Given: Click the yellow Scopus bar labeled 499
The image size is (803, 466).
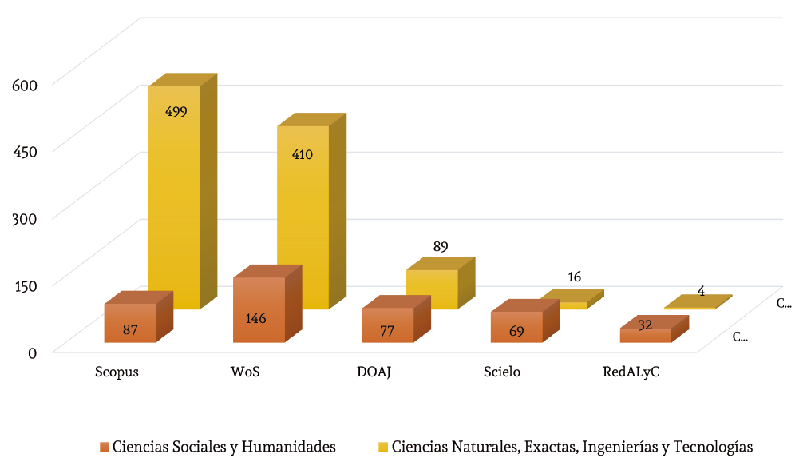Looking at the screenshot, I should coord(174,200).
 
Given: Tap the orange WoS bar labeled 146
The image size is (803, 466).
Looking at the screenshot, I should coord(259,311).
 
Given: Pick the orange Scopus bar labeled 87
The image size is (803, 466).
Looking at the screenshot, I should coord(130,324).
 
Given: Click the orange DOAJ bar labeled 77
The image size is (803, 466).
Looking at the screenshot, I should coord(387,326).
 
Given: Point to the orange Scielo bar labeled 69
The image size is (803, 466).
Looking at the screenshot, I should coord(516,328).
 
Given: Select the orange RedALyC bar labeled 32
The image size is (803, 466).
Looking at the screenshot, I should coord(645,336).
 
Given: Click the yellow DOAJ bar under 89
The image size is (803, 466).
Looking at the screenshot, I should coord(432,289).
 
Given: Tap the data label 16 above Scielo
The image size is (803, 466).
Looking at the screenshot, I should coord(574,277).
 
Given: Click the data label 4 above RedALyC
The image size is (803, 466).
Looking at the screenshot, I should coord(701,291).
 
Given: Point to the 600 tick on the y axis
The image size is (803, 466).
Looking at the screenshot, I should coord(22,82).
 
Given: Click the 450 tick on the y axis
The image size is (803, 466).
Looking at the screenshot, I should coord(22,149).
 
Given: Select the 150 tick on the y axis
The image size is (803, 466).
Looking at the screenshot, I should coord(22,284).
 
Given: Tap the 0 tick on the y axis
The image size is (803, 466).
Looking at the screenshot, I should coord(33,352).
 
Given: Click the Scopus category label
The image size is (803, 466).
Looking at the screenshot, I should coord(117,372).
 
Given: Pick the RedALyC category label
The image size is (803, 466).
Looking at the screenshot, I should coord(631,372).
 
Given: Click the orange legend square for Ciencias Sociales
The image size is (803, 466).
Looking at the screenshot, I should coord(104,446).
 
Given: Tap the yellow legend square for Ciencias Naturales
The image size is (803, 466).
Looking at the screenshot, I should coord(382,446).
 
